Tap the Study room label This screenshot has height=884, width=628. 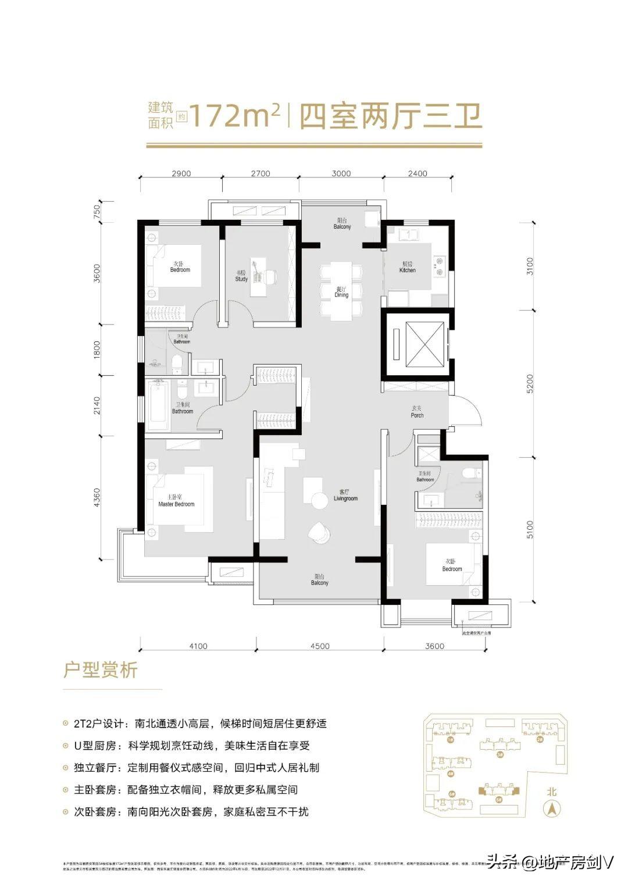point(241,276)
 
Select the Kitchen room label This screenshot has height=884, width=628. point(408,268)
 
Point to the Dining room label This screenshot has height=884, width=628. point(341,292)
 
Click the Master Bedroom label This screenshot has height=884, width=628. point(176,501)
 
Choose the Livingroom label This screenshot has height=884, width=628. point(345,496)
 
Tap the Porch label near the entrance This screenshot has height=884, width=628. point(417,412)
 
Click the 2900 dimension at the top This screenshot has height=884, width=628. point(182,173)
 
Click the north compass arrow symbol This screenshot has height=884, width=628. point(551,808)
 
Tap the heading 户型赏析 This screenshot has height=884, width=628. point(101,670)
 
